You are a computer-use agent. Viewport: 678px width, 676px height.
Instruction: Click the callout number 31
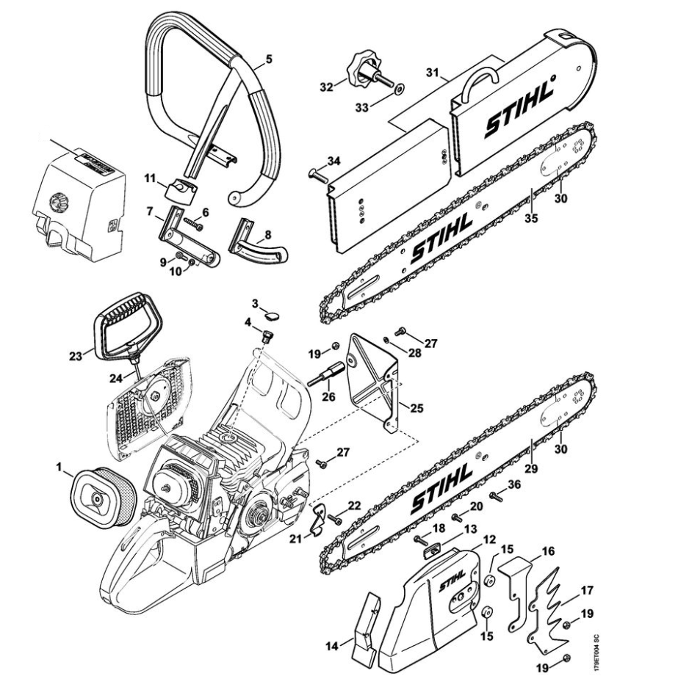click(x=431, y=73)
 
